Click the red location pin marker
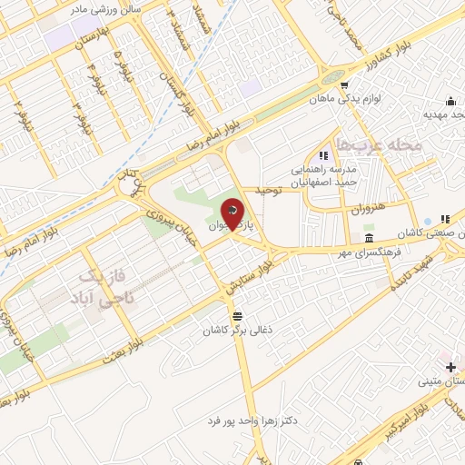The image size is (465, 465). coord(233,216)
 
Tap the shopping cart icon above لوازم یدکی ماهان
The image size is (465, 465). coord(344,84)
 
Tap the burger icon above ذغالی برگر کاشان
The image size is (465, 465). coord(238,315)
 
